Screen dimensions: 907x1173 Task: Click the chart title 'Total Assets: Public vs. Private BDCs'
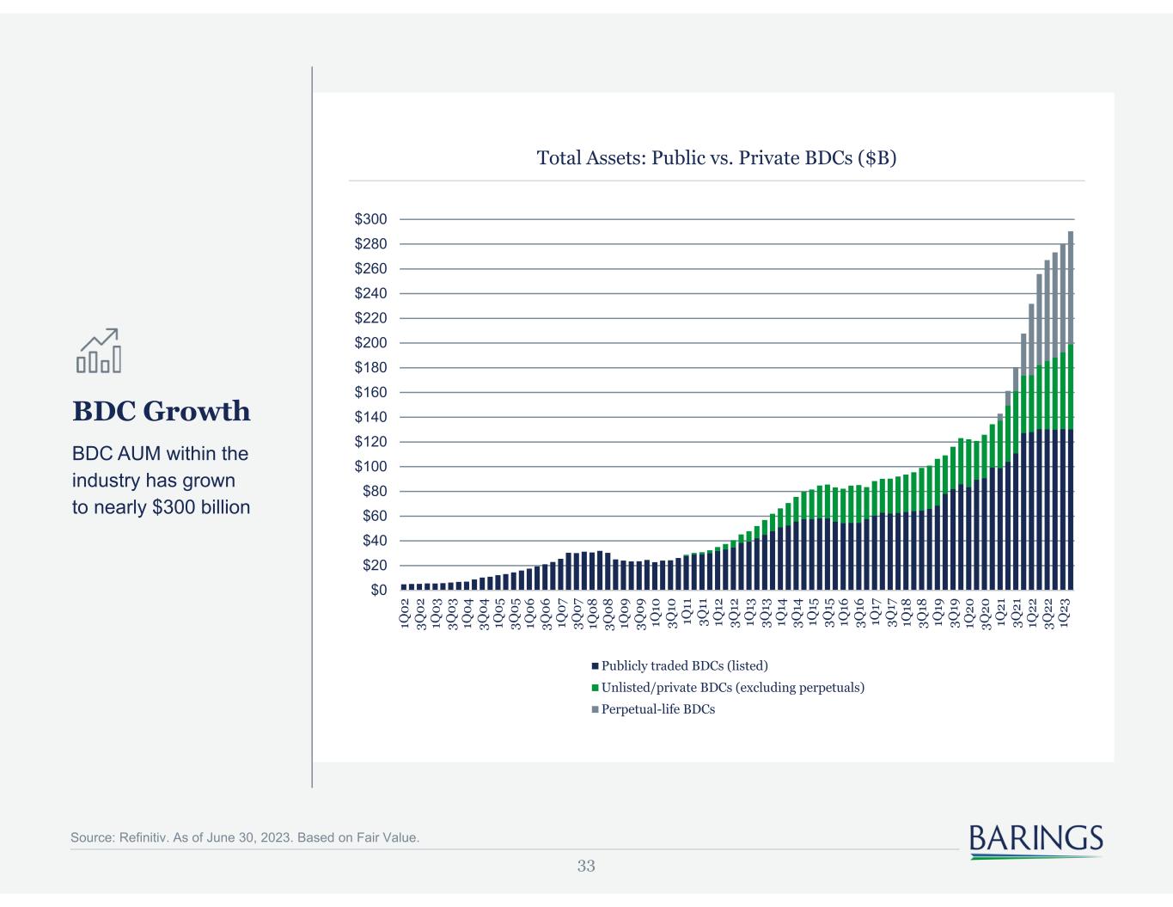[x=716, y=158]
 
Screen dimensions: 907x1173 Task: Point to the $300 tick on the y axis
[x=370, y=220]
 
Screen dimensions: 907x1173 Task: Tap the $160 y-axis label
[x=370, y=393]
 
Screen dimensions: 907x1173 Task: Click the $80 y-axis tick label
[x=375, y=492]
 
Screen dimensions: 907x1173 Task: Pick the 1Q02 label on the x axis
[x=405, y=616]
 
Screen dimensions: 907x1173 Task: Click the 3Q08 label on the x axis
[x=609, y=616]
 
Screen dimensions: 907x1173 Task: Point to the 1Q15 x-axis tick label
[x=813, y=616]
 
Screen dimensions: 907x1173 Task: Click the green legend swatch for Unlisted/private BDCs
[x=595, y=688]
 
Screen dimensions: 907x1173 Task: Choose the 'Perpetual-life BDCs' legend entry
[x=657, y=709]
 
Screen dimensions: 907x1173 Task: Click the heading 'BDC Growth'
[x=162, y=411]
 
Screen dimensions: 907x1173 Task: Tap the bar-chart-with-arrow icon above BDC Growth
[x=98, y=351]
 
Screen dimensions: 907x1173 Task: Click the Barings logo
[x=1036, y=839]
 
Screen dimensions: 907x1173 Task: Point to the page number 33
[x=586, y=866]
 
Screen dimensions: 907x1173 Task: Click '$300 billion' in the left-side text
[x=201, y=507]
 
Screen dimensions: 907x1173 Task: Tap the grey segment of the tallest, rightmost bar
[x=1071, y=288]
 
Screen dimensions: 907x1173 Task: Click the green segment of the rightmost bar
[x=1071, y=387]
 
